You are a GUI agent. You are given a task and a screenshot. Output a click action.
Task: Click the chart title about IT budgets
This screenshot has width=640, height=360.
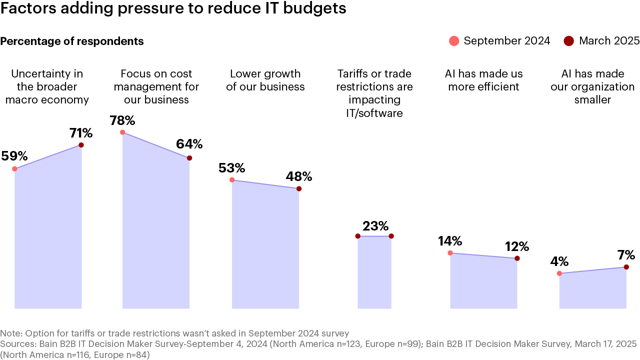173,9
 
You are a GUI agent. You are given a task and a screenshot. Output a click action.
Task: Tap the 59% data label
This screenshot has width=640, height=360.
14,156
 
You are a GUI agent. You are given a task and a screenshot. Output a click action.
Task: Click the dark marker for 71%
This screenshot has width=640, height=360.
81,145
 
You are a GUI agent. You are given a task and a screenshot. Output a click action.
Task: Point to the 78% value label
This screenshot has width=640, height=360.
122,120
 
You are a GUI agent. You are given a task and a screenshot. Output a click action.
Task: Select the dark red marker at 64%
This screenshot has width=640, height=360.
189,158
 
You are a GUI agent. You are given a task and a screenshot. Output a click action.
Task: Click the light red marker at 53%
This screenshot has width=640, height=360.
232,180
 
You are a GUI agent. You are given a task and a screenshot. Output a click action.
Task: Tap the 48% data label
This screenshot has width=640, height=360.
298,176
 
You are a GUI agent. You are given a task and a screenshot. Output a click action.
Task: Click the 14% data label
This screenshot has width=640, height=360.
449,241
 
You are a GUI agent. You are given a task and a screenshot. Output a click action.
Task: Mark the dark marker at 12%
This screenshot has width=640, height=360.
517,258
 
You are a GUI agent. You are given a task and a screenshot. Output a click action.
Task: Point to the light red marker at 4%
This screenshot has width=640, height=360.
559,273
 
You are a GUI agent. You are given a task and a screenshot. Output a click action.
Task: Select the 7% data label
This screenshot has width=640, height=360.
625,255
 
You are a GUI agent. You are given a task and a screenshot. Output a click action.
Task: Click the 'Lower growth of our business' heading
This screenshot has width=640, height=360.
265,80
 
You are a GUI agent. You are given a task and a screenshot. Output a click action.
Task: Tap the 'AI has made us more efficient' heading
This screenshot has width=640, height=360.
483,80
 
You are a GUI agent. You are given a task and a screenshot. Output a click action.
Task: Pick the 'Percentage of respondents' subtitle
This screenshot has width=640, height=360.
72,41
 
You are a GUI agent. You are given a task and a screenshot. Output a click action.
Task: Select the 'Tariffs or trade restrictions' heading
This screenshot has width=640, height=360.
374,93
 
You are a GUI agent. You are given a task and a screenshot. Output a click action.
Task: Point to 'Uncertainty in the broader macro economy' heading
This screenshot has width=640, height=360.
47,86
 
